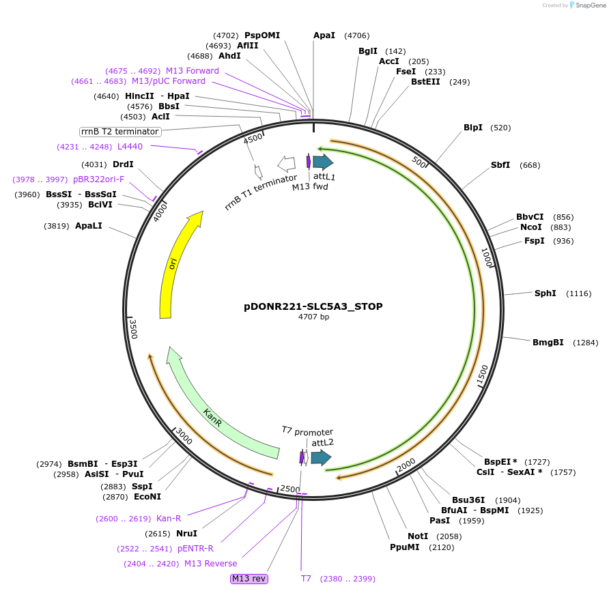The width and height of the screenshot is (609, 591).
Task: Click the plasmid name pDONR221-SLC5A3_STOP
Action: [x=313, y=306]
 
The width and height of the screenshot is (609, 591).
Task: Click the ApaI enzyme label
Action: [x=324, y=35]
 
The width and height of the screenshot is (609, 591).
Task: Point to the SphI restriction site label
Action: [x=545, y=293]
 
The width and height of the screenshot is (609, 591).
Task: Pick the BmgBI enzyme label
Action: [x=548, y=343]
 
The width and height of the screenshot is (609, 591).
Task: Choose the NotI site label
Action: [x=418, y=536]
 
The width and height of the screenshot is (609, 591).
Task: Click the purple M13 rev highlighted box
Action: [x=249, y=579]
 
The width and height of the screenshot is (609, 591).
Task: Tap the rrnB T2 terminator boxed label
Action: [x=119, y=132]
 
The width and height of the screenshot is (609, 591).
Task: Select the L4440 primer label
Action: [x=130, y=146]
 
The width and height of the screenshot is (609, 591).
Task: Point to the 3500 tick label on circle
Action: [x=134, y=328]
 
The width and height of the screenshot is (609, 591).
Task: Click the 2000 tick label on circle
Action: [x=406, y=465]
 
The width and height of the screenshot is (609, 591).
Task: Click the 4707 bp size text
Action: [x=313, y=317]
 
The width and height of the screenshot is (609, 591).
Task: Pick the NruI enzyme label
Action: [x=186, y=534]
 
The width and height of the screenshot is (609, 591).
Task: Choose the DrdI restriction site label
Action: [x=123, y=164]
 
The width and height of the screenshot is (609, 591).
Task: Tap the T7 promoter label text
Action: [x=307, y=431]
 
